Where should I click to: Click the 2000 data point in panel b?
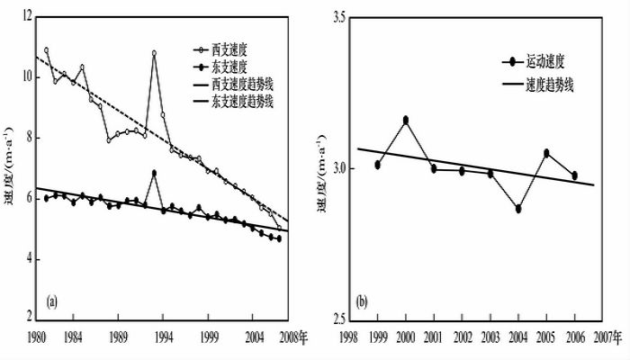pyautogui.click(x=406, y=120)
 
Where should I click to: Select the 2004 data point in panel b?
pyautogui.click(x=518, y=209)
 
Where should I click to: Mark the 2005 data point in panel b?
pyautogui.click(x=546, y=153)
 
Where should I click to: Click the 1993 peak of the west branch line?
pyautogui.click(x=154, y=53)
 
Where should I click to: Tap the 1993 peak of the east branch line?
pyautogui.click(x=154, y=173)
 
